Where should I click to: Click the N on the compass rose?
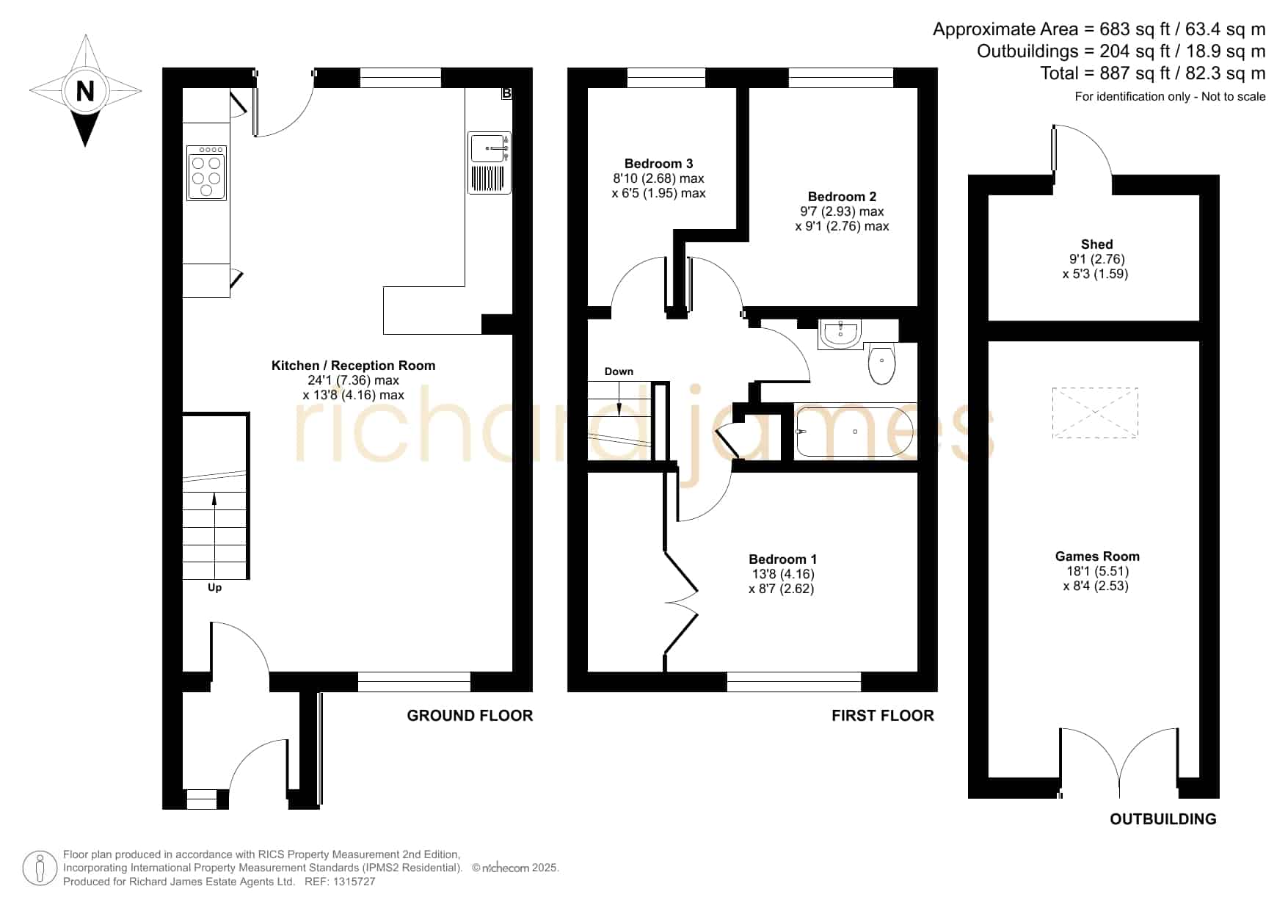[85, 91]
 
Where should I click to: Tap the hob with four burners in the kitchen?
[207, 173]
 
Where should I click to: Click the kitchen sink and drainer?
[490, 162]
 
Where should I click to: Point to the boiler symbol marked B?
[506, 93]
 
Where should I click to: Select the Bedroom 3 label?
[658, 164]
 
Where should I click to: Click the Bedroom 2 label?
[842, 197]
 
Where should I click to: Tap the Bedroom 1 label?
[782, 559]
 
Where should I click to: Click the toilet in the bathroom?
[881, 365]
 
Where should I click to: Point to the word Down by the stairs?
[619, 371]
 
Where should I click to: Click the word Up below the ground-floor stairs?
[214, 587]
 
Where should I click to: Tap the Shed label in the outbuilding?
[1096, 244]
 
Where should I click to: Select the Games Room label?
[1097, 556]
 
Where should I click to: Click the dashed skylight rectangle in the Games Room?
[1095, 413]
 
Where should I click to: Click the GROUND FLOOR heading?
[470, 716]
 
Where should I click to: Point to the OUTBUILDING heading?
[1163, 819]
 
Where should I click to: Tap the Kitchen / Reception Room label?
[353, 366]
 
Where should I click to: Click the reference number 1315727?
[354, 882]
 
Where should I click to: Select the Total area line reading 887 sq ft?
[1152, 73]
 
